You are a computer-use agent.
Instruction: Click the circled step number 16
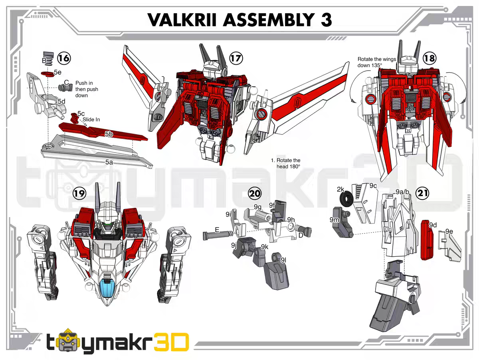tap(64, 58)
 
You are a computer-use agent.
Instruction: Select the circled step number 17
tap(236, 58)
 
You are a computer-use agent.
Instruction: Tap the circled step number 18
tap(430, 58)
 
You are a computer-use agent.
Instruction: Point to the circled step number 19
tap(79, 194)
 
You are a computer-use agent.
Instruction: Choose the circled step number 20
tap(254, 194)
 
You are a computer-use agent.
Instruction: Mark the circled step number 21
tap(423, 194)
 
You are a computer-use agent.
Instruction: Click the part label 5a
tap(109, 162)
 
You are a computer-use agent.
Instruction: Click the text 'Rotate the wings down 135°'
tap(377, 62)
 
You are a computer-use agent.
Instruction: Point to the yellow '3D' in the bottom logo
tap(170, 343)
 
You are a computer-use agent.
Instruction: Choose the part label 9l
tap(283, 260)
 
